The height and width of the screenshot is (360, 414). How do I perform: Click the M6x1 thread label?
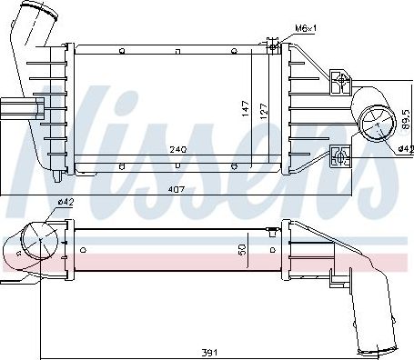point(304,28)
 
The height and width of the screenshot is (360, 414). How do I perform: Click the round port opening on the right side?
point(374,124)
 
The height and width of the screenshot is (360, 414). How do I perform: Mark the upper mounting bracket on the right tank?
point(341,82)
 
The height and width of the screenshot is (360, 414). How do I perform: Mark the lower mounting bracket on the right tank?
point(340,155)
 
